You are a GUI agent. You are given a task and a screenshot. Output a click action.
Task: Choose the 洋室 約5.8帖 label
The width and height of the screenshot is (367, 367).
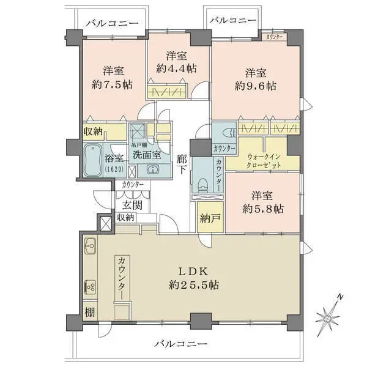264,202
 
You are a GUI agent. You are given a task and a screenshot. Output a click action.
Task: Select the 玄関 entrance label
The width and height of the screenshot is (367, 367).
131,204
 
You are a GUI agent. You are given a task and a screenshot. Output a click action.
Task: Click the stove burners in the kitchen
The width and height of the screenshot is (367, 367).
89,286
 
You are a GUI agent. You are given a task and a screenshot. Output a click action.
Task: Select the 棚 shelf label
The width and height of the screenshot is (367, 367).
89,313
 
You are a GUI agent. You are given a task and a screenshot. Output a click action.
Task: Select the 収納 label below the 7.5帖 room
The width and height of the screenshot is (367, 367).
93,131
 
